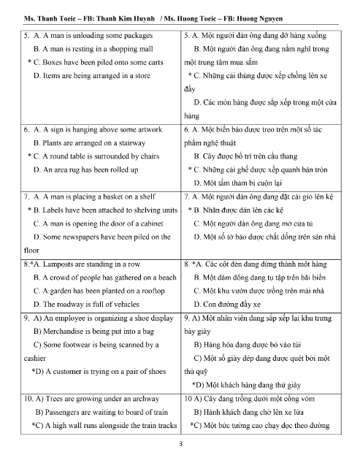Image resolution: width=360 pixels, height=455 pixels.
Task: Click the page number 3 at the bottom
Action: (x=180, y=444)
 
